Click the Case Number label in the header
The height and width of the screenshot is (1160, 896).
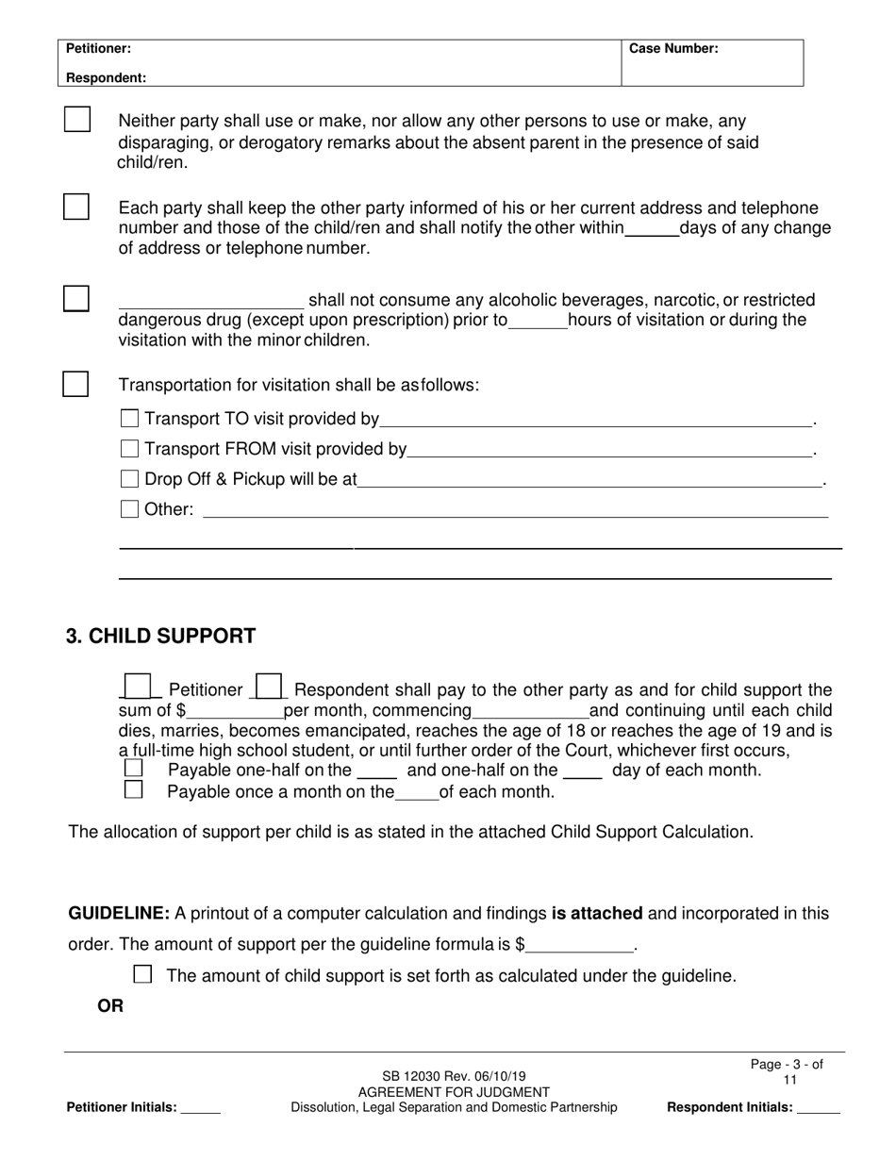click(x=673, y=48)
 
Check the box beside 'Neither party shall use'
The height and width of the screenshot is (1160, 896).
click(x=77, y=120)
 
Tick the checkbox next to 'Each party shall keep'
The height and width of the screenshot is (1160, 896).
click(x=76, y=207)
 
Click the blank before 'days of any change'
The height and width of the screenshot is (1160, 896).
click(x=652, y=228)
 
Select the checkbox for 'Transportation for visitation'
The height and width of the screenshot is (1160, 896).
click(x=75, y=384)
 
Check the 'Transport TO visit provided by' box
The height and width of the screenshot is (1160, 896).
click(x=130, y=418)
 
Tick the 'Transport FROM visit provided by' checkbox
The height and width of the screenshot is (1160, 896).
click(x=130, y=448)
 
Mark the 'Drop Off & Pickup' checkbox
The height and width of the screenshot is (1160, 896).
click(x=130, y=478)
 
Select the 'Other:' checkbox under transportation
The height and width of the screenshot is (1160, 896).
click(x=130, y=509)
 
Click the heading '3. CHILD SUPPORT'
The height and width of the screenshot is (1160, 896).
click(x=160, y=636)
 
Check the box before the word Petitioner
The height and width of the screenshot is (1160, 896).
click(x=138, y=686)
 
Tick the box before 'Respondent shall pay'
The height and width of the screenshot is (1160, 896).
click(x=269, y=686)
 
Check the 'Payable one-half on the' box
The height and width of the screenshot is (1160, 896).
click(x=134, y=769)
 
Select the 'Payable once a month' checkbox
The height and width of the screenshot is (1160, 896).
click(x=134, y=789)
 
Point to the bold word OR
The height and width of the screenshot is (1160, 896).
click(x=110, y=1006)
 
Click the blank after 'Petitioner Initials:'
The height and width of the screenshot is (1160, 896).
click(x=200, y=1108)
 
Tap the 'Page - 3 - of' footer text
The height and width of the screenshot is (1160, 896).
click(x=787, y=1064)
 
